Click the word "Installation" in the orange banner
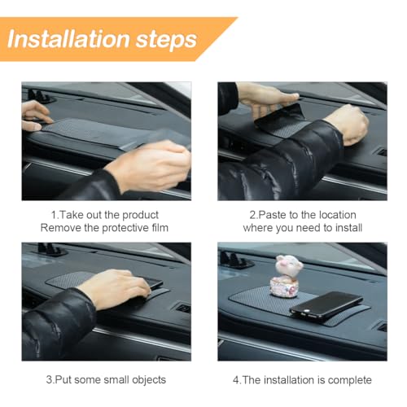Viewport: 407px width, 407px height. point(68,39)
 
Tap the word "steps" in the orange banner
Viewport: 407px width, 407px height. point(166,41)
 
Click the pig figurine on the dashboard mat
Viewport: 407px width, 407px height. point(287,276)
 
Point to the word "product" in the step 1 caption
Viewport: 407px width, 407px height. point(140,216)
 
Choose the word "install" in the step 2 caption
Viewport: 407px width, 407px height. point(348,228)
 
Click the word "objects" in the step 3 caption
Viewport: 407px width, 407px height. point(149,380)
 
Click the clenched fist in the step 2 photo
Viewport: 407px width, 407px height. point(348,124)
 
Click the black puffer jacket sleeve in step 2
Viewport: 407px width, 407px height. point(280,163)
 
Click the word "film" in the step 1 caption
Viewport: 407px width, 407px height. point(160,228)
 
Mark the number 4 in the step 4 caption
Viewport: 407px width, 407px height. point(235,380)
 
